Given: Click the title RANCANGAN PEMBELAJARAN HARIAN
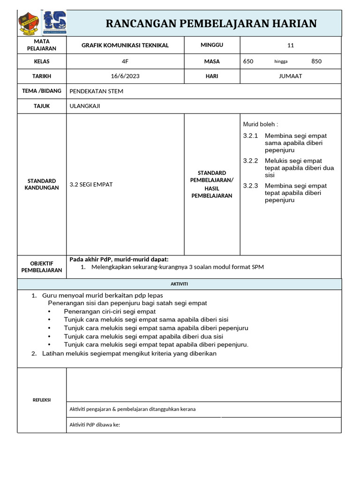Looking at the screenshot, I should click(x=211, y=23).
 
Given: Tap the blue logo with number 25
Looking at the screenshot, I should click(x=55, y=22).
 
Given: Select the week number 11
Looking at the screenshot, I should click(x=290, y=45).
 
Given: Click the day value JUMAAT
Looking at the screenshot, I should click(x=290, y=76).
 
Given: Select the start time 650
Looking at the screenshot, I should click(x=248, y=61).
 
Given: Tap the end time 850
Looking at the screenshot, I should click(x=316, y=61).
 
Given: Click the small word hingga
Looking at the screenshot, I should click(x=281, y=61).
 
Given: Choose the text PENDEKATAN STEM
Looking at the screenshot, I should click(x=97, y=91).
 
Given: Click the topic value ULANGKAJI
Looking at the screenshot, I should click(x=85, y=106).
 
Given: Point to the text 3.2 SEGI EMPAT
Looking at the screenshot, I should click(x=91, y=184).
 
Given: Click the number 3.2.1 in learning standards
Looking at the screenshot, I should click(x=251, y=136).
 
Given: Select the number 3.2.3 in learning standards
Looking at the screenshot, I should click(x=251, y=186).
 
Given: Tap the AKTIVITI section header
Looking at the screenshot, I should click(x=179, y=284).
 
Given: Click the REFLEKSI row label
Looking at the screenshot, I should click(x=42, y=400).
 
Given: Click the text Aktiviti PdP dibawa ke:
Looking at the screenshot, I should click(x=95, y=425).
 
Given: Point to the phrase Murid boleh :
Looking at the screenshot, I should click(x=260, y=124).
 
